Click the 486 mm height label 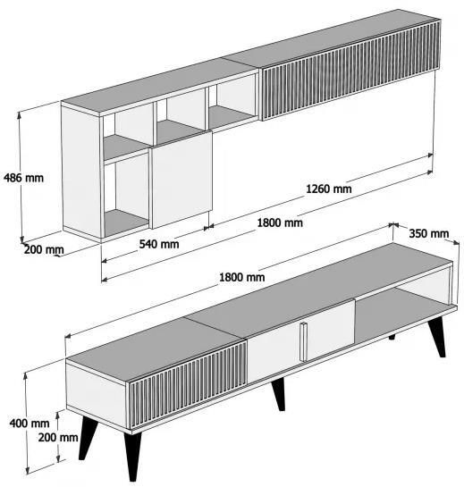[23, 178]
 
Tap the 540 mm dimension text [159, 244]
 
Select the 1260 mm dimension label [329, 189]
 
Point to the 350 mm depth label [428, 233]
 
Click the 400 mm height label [30, 423]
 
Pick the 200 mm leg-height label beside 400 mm [58, 437]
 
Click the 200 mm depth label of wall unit [44, 249]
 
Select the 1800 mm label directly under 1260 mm [280, 223]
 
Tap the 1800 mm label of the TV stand [241, 277]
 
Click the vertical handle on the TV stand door [303, 342]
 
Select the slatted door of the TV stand [188, 384]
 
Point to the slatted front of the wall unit [351, 69]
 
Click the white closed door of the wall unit [181, 180]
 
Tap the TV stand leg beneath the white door [279, 394]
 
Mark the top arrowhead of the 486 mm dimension [20, 115]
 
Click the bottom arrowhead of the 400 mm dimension [28, 471]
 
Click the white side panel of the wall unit [81, 172]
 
